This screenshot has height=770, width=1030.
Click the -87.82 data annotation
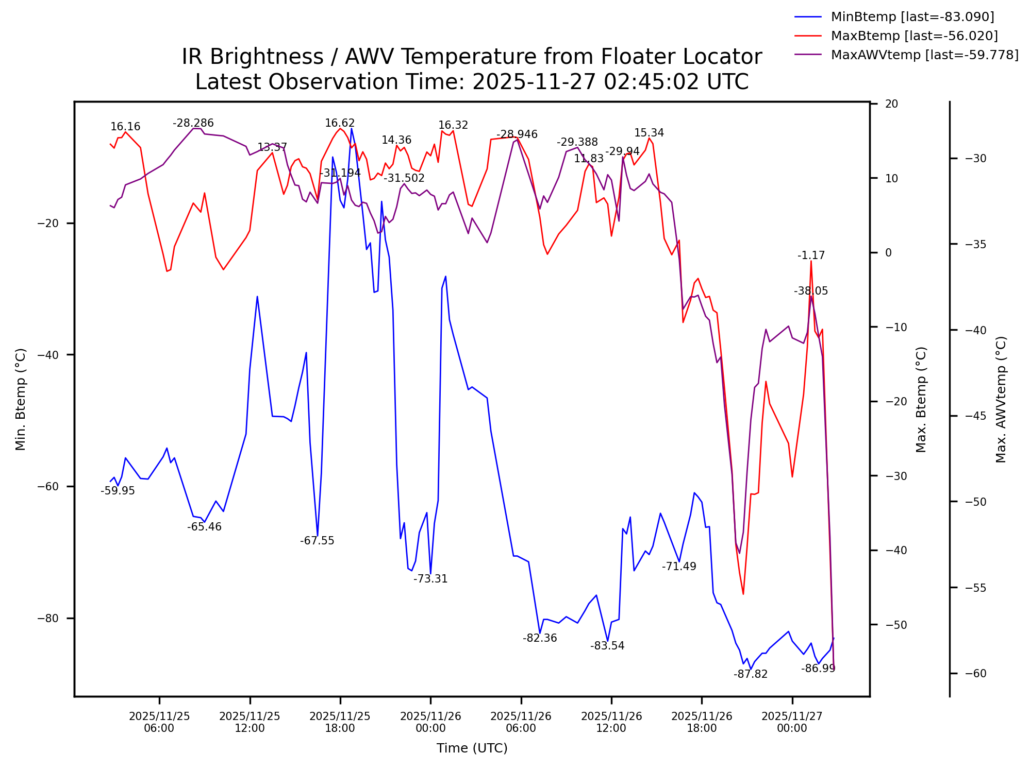pyautogui.click(x=751, y=674)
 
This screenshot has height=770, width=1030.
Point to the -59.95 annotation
pyautogui.click(x=118, y=491)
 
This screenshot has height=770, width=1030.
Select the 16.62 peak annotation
pyautogui.click(x=340, y=123)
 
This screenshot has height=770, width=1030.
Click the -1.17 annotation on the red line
pyautogui.click(x=811, y=255)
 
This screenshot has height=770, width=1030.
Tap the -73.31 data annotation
pyautogui.click(x=430, y=579)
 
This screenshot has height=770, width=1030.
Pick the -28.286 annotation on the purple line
pyautogui.click(x=193, y=123)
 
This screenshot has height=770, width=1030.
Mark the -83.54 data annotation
pyautogui.click(x=607, y=646)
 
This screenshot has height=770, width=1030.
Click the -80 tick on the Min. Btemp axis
pyautogui.click(x=48, y=618)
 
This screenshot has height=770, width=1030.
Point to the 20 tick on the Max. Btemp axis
pyautogui.click(x=891, y=104)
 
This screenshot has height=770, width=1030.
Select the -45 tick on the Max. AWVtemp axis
pyautogui.click(x=975, y=416)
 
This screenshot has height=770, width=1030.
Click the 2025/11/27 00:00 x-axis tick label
pyautogui.click(x=792, y=722)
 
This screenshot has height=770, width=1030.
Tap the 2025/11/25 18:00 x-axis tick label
pyautogui.click(x=340, y=722)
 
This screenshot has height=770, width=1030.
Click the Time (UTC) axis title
pyautogui.click(x=472, y=748)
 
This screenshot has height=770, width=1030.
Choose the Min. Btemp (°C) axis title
pyautogui.click(x=21, y=399)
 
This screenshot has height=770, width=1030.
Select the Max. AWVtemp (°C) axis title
pyautogui.click(x=1001, y=399)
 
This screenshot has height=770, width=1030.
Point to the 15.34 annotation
pyautogui.click(x=649, y=133)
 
